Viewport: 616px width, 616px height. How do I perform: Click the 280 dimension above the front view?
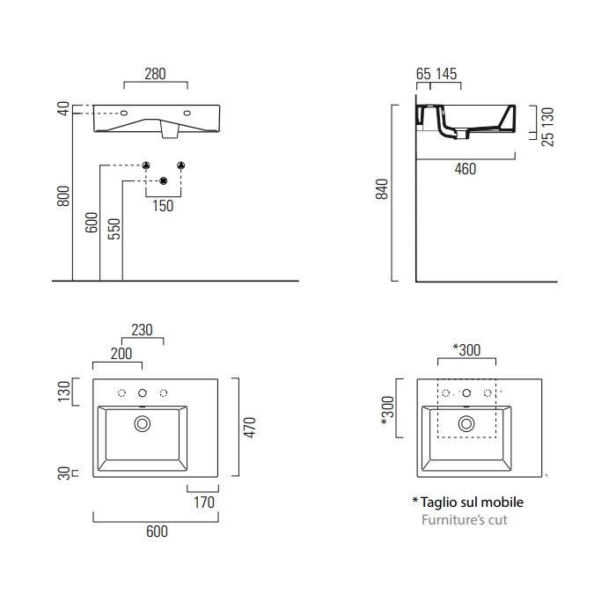tap(155, 74)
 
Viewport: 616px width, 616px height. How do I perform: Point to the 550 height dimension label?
tap(114, 229)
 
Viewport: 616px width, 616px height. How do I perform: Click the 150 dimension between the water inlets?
tap(163, 206)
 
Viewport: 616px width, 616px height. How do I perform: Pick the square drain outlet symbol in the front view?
tap(163, 181)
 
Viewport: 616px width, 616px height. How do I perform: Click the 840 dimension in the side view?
tap(382, 190)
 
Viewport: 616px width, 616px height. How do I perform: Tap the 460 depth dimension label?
tap(465, 168)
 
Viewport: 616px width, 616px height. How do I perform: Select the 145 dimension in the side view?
tap(446, 75)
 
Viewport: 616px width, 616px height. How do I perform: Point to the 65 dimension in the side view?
tap(423, 75)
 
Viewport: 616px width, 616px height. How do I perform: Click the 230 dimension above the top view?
tap(142, 331)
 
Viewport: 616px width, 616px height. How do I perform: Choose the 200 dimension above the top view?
tap(121, 354)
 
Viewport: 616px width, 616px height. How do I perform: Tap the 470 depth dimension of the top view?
tap(249, 427)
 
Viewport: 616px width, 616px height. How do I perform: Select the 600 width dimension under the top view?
tap(156, 532)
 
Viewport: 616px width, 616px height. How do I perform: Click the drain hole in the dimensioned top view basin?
tap(142, 424)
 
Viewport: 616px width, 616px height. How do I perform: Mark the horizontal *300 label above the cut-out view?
tap(466, 349)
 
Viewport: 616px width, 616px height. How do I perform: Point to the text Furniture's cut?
tap(464, 519)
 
